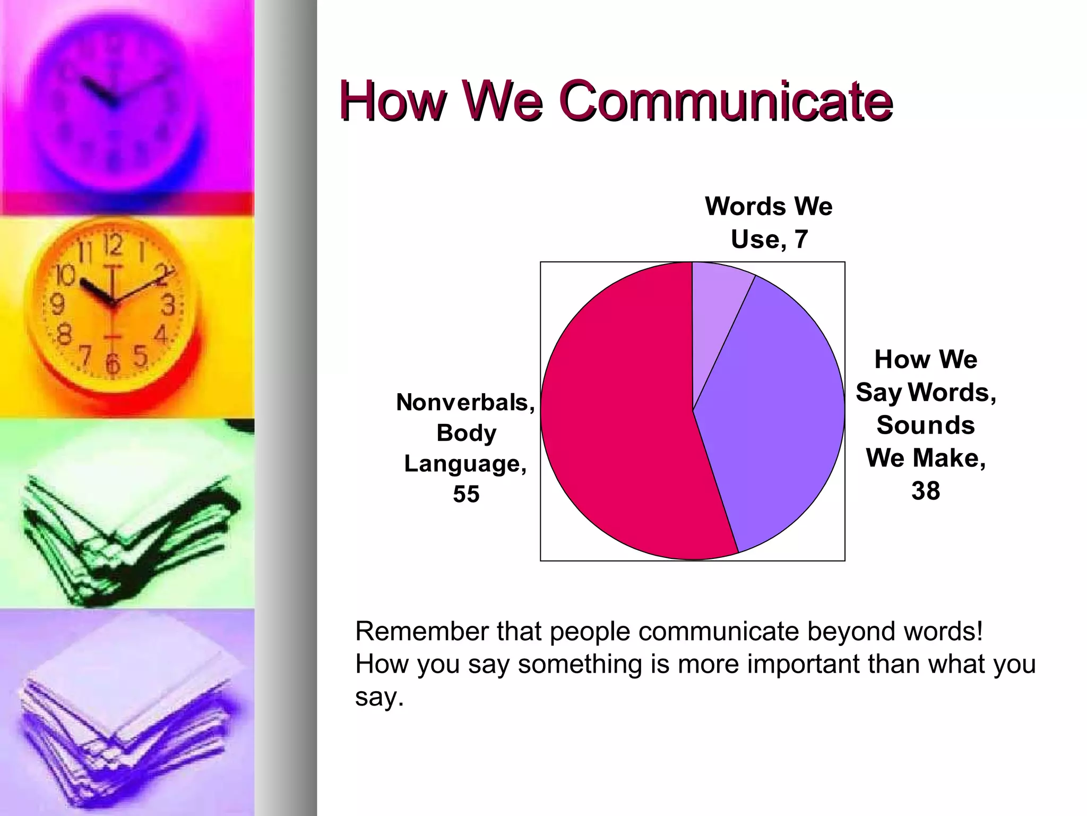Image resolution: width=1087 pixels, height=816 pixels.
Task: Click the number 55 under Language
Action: tap(466, 494)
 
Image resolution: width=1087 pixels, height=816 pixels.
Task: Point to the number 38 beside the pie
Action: tap(926, 491)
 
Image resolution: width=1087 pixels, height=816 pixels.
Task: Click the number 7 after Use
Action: tap(801, 239)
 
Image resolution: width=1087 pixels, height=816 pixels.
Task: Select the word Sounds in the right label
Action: tap(926, 426)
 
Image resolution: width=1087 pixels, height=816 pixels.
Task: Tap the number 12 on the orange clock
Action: tap(113, 245)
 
